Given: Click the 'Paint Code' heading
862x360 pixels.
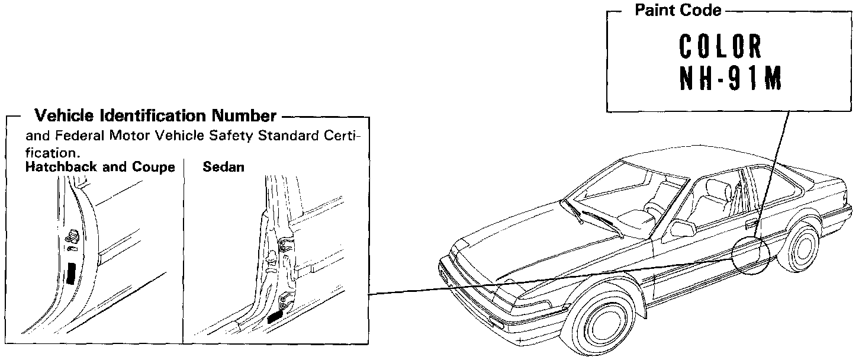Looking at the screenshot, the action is (x=678, y=10).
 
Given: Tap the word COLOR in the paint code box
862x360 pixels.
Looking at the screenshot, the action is (x=720, y=47).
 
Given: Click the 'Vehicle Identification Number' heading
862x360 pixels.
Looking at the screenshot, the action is (x=155, y=115).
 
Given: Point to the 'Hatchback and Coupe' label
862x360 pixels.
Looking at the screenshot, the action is (x=100, y=167).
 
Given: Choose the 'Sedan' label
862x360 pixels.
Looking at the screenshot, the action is (x=223, y=167).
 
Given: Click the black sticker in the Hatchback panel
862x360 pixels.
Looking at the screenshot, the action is (x=72, y=273).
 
